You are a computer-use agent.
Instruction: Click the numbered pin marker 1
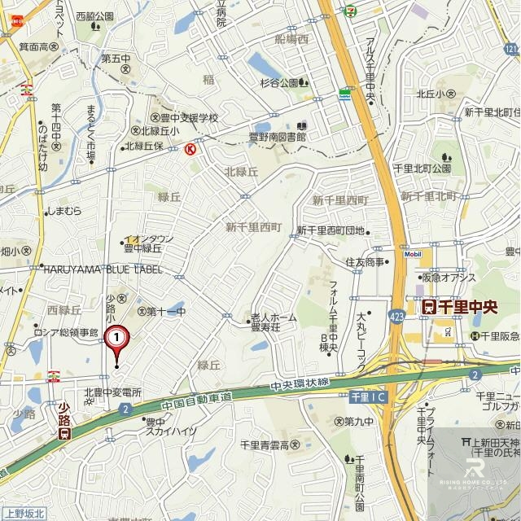(117, 335)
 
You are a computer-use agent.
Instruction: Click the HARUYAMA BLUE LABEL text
(101, 269)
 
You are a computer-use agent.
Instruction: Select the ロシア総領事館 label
(65, 333)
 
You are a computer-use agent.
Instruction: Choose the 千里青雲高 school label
(269, 444)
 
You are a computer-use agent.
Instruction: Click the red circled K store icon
(190, 149)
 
